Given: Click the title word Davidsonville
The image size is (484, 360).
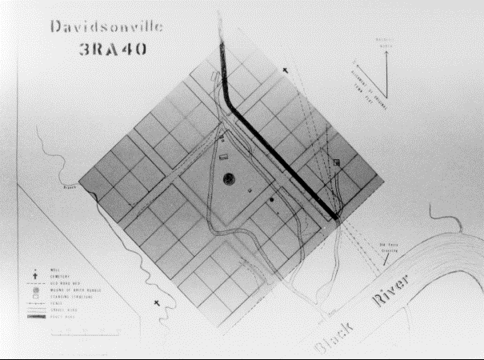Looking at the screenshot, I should click(106, 26).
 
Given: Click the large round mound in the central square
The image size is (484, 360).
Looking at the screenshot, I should click(229, 178).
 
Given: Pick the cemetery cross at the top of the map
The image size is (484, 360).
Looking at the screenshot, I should click(286, 72).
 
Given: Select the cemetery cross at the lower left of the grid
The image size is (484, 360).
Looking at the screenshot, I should click(157, 303).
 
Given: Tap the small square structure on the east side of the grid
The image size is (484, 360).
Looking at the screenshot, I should click(337, 162).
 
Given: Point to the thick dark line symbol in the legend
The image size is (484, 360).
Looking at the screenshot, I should click(37, 317).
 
